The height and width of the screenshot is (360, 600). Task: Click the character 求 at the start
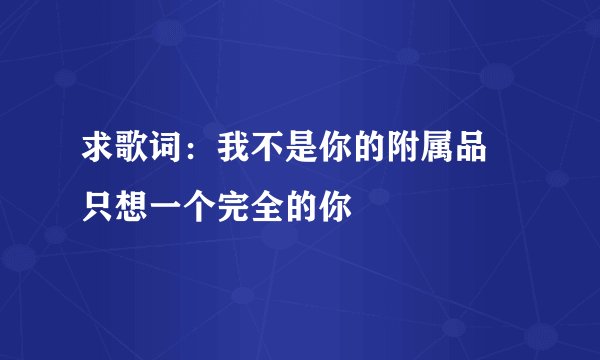tap(98, 154)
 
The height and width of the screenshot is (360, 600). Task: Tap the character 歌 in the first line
tap(129, 154)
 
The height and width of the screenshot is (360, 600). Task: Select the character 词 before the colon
tap(160, 154)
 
